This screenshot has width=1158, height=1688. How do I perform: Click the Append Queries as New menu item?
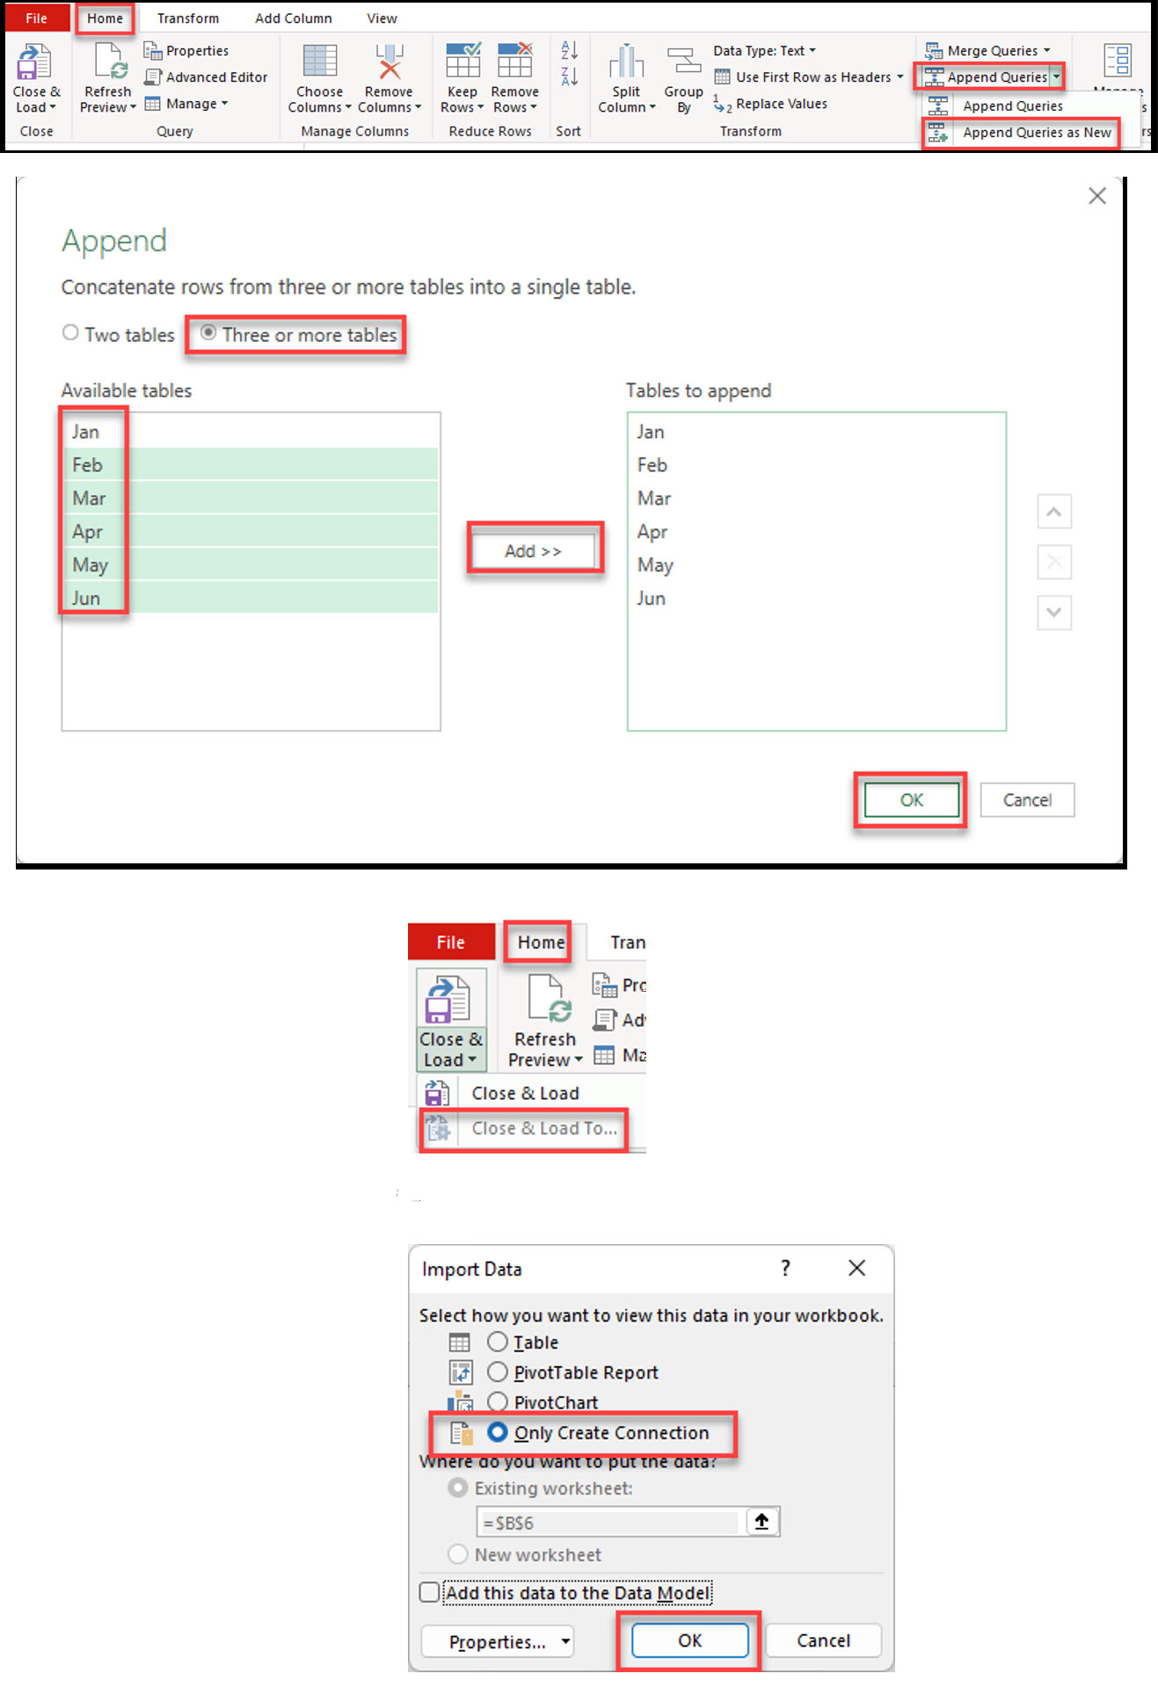[1036, 133]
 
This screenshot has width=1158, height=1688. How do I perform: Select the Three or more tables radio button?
[209, 333]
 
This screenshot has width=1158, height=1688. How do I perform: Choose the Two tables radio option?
[70, 333]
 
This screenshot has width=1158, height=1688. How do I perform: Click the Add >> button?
[533, 551]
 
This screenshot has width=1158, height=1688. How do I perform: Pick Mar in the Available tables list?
[90, 498]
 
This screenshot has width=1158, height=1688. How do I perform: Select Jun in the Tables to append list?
[652, 599]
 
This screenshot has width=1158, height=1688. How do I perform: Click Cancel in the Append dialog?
[1026, 800]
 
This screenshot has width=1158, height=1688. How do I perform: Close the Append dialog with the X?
[1096, 196]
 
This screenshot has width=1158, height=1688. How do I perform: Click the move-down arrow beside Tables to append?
[1053, 613]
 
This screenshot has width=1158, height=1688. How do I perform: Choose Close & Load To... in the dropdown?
[543, 1128]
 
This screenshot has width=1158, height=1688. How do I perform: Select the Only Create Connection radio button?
[498, 1432]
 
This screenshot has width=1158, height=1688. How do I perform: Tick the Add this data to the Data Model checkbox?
[430, 1592]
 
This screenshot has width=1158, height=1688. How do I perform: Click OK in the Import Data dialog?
[689, 1641]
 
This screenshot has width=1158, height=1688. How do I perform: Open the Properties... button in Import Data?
[497, 1641]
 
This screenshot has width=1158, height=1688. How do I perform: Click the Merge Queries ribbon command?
[991, 51]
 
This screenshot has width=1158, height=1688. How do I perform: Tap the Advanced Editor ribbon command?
[215, 77]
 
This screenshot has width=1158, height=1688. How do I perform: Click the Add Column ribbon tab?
[294, 18]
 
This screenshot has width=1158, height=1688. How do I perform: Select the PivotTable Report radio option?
[498, 1371]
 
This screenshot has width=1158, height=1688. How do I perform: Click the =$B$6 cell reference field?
[610, 1522]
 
